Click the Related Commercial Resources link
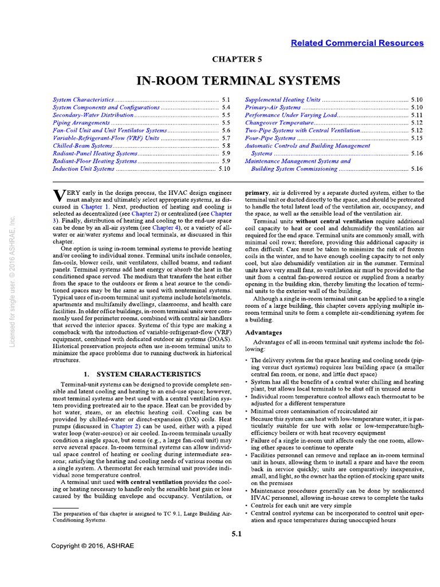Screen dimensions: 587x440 357,43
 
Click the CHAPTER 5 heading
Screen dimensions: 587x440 237,58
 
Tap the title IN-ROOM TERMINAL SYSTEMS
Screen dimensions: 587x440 237,80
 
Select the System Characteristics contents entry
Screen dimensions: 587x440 83,100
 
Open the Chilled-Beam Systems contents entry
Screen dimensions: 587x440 82,146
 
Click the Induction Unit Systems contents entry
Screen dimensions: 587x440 84,169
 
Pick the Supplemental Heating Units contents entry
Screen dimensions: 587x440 282,100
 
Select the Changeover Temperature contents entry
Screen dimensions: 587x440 278,123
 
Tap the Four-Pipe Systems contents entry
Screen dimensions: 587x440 270,138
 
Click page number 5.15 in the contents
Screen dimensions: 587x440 417,138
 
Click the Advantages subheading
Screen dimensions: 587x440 264,332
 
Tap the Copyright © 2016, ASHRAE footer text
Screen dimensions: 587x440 92,546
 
